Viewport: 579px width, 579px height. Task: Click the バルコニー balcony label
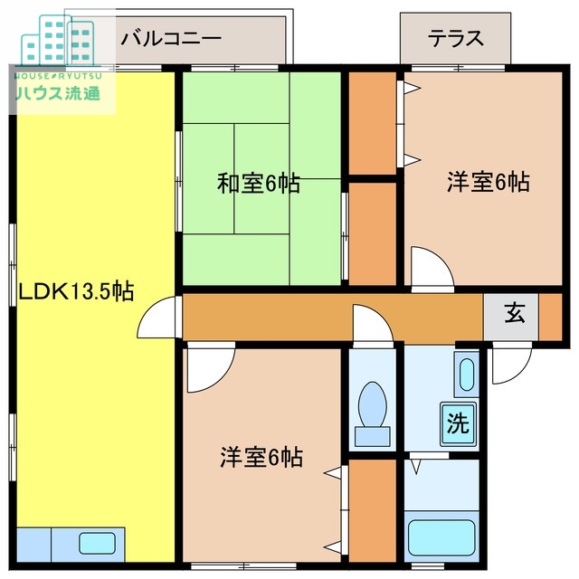point(171,39)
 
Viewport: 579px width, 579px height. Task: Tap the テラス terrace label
point(456,39)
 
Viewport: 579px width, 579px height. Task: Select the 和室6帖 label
point(259,184)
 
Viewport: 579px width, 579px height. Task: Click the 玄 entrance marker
point(514,314)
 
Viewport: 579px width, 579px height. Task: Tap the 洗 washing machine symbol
point(459,422)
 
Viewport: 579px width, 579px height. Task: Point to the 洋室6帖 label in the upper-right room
point(488,182)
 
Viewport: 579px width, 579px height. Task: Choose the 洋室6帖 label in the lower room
point(261,457)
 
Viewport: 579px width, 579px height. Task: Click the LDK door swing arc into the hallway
point(158,317)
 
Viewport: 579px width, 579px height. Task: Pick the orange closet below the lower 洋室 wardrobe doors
point(372,511)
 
